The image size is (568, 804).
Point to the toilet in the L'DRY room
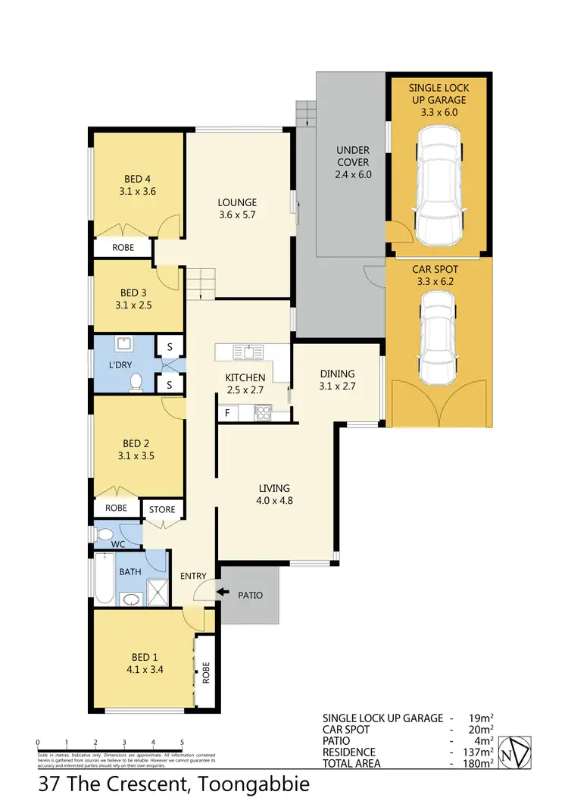pyautogui.click(x=137, y=382)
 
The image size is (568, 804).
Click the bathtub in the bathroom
pyautogui.click(x=104, y=580)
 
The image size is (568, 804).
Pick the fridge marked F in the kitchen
pyautogui.click(x=226, y=414)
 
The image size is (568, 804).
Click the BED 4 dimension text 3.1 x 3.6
pyautogui.click(x=138, y=192)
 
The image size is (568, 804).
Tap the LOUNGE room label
pyautogui.click(x=237, y=202)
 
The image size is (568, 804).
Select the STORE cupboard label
pyautogui.click(x=162, y=509)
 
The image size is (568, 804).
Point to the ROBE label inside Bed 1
pyautogui.click(x=204, y=670)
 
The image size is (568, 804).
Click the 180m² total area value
pyautogui.click(x=479, y=764)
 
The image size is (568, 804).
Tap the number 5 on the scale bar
pyautogui.click(x=182, y=743)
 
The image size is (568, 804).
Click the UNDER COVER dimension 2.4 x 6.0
pyautogui.click(x=353, y=174)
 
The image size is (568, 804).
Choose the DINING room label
pyautogui.click(x=337, y=374)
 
